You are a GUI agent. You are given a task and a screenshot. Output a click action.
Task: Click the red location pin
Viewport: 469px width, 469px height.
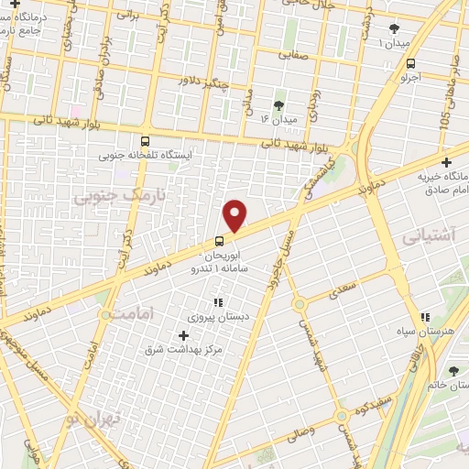pyautogui.click(x=236, y=214)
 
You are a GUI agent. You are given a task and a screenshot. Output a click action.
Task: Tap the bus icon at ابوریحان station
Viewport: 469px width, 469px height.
pyautogui.click(x=219, y=241)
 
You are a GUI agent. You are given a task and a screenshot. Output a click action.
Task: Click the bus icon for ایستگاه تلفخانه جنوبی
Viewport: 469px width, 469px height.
pyautogui.click(x=145, y=141)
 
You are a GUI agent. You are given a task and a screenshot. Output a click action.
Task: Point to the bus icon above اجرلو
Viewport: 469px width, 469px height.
pyautogui.click(x=410, y=64)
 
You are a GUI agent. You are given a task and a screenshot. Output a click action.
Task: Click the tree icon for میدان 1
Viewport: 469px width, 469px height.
pyautogui.click(x=394, y=29)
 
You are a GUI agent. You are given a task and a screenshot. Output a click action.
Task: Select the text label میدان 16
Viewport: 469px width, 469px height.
pyautogui.click(x=278, y=120)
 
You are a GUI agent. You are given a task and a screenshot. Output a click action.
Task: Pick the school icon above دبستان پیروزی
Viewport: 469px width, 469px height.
pyautogui.click(x=218, y=302)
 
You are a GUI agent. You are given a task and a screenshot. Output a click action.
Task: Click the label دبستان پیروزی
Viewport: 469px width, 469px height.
pyautogui.click(x=213, y=317)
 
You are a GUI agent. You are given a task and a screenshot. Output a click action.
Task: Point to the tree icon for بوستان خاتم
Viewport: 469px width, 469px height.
pyautogui.click(x=455, y=371)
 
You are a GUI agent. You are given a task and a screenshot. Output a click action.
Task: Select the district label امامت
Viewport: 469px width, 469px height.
pyautogui.click(x=140, y=312)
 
